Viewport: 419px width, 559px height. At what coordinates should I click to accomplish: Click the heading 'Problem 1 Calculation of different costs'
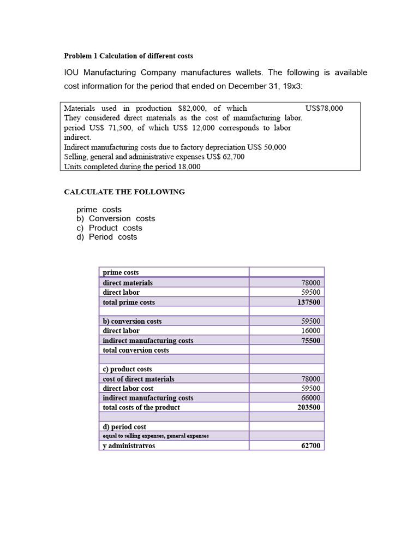(128, 56)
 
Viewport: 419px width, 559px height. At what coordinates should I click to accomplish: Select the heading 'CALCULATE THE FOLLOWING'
(124, 192)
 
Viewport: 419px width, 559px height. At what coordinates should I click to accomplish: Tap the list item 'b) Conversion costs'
(116, 218)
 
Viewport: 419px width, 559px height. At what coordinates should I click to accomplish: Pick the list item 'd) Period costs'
(107, 237)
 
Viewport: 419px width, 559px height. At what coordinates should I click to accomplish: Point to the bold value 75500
(310, 341)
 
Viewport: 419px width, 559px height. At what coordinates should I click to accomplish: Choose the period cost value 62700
(311, 446)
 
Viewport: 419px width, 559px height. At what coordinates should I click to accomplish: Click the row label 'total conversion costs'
(136, 350)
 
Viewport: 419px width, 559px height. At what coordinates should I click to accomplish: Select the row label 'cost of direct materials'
(139, 379)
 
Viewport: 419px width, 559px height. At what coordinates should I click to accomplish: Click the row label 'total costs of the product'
(141, 407)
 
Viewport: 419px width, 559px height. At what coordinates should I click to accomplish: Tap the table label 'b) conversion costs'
(132, 322)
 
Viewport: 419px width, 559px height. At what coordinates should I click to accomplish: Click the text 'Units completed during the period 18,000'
(132, 167)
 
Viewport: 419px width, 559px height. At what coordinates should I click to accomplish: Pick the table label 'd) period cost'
(124, 427)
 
